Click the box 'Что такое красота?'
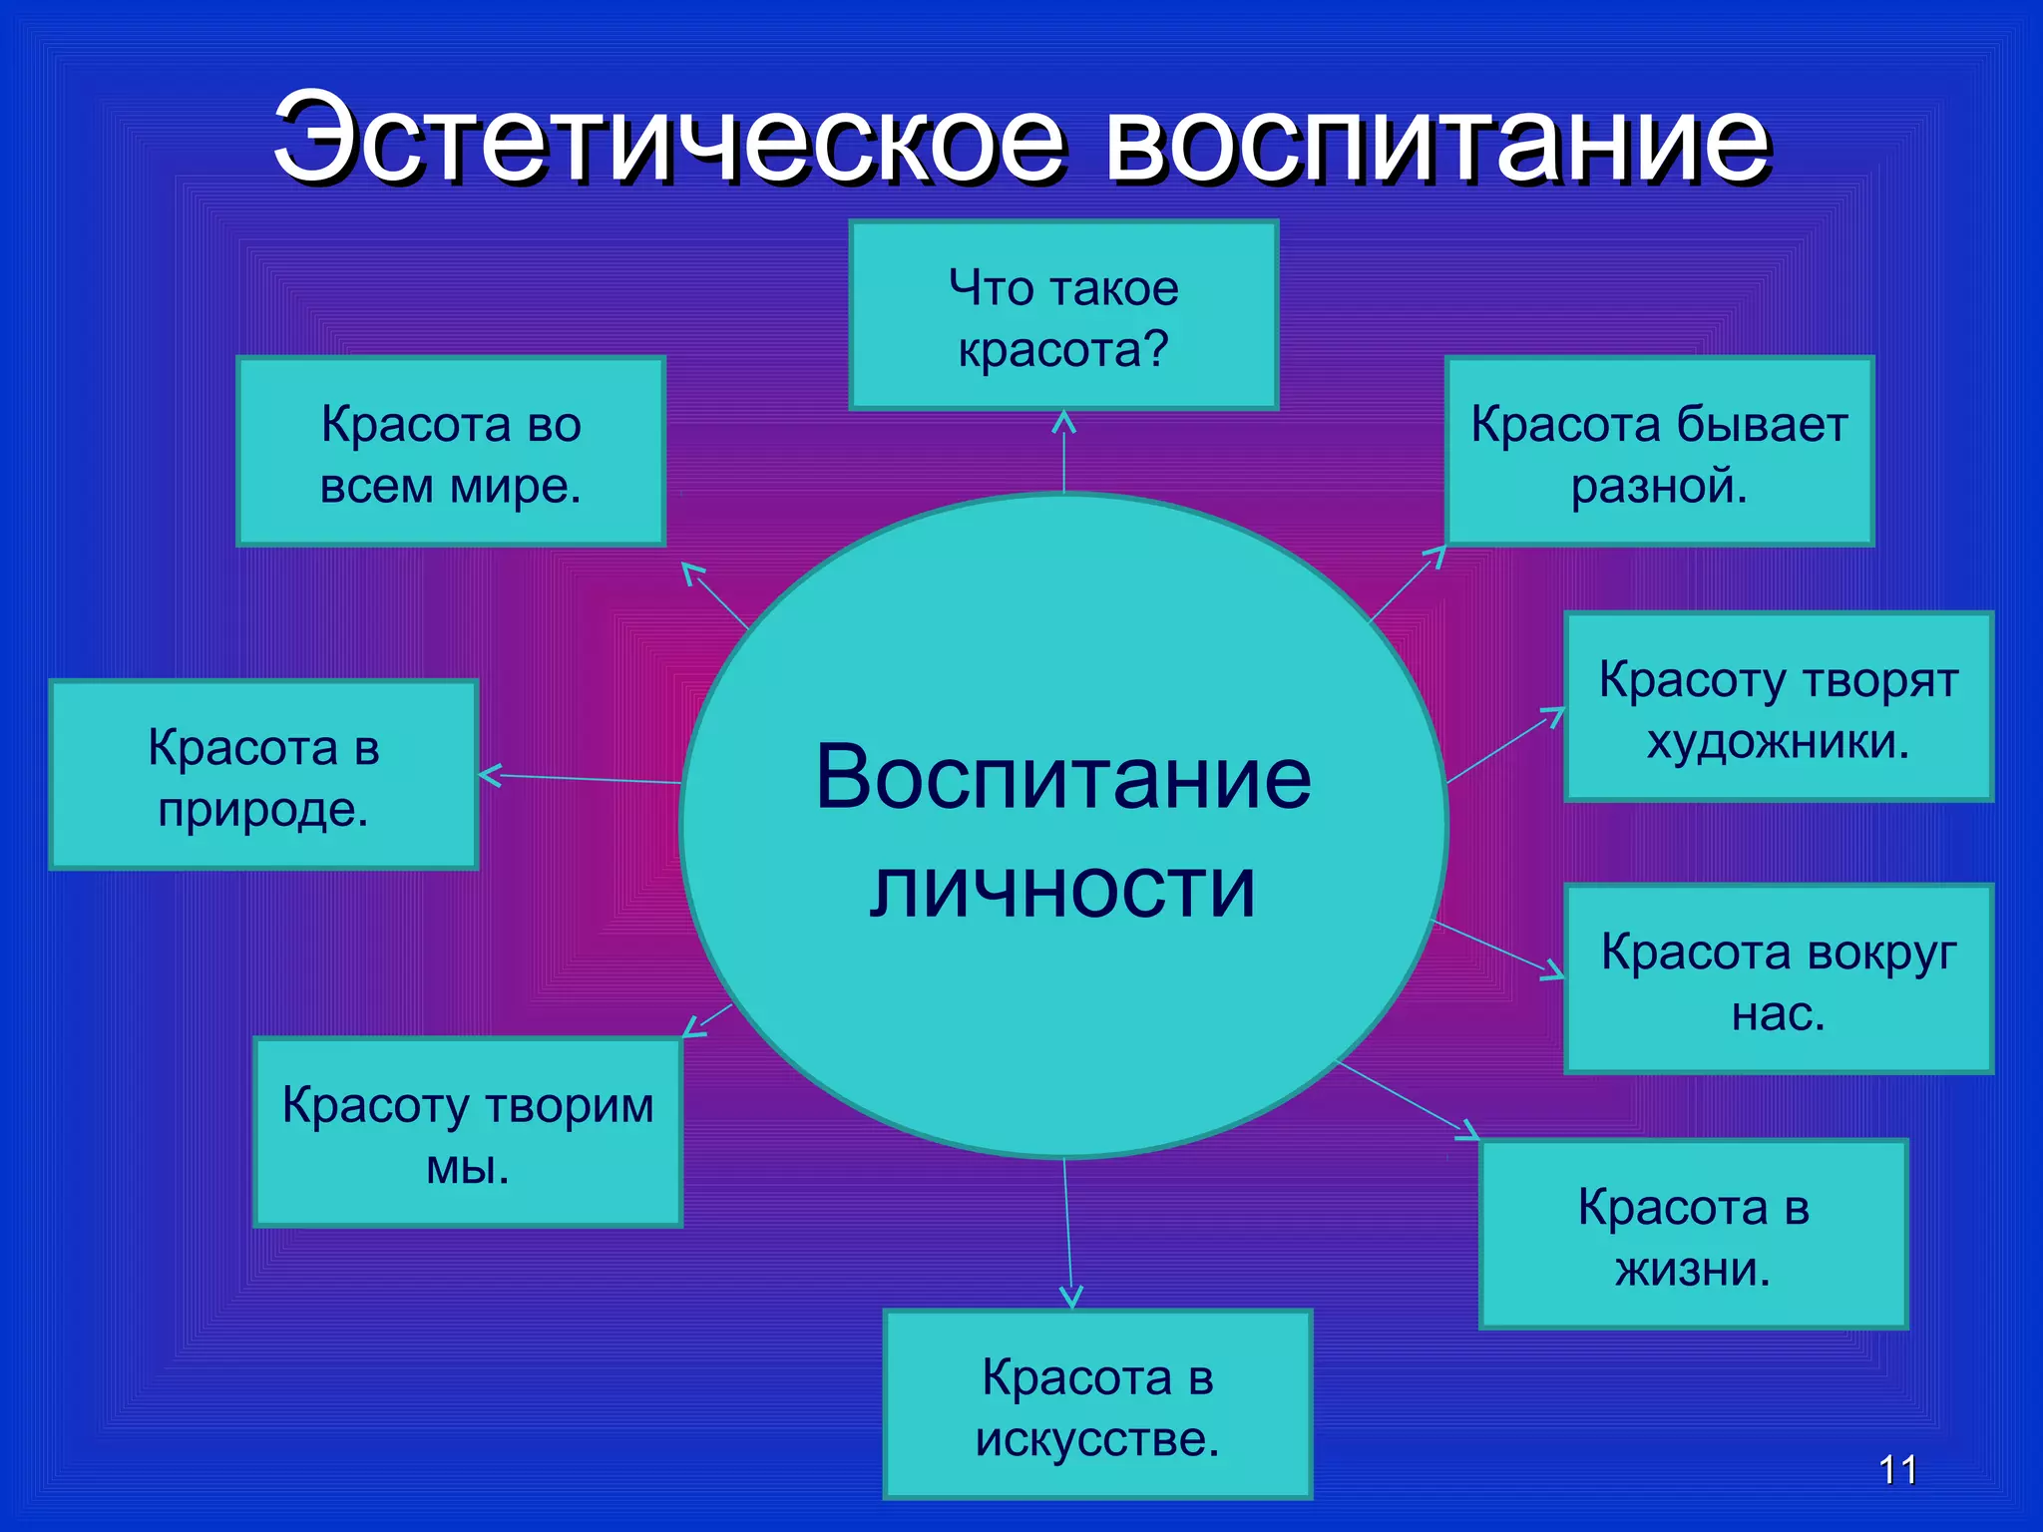(1063, 315)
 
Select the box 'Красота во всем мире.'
(451, 452)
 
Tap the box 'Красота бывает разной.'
(1659, 452)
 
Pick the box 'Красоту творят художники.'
(1778, 707)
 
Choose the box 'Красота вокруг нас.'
(1778, 979)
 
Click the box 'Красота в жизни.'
(1693, 1235)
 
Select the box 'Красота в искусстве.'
(1097, 1404)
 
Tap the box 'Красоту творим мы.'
(468, 1132)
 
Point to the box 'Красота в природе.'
(263, 775)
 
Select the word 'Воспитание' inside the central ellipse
(1063, 778)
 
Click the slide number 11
(1897, 1470)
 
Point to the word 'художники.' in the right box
(1778, 741)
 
